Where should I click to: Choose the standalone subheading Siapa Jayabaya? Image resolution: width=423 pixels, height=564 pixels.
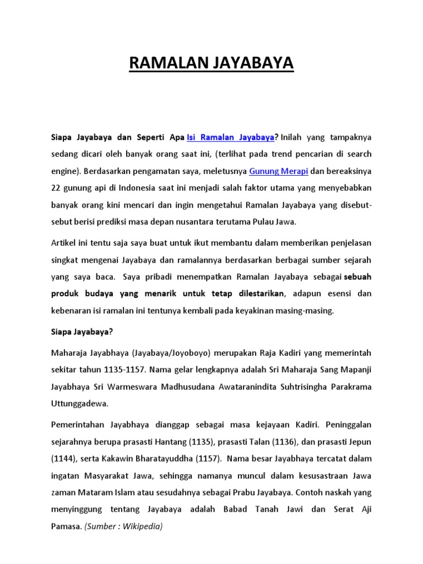pyautogui.click(x=82, y=332)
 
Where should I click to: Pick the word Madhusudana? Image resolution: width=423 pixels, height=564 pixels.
pyautogui.click(x=190, y=386)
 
